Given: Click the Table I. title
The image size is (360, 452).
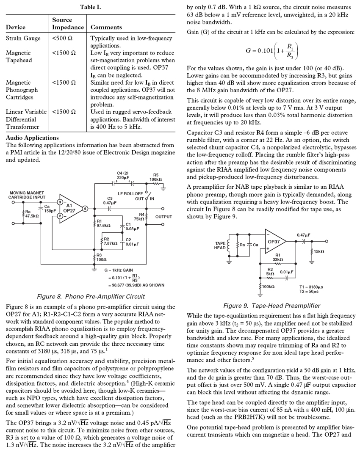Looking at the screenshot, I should coord(90,7).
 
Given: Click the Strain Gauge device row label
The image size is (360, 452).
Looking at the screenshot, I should coord(23,38).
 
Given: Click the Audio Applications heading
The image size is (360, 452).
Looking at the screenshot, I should coord(32,138).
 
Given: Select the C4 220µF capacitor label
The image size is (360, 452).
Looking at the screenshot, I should coord(123,175).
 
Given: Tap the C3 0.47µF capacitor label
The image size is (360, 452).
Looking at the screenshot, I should coord(110,201).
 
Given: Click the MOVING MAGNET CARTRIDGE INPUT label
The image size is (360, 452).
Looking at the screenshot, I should coord(28,195).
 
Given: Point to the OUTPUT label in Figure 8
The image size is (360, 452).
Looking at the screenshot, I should coord(163,217).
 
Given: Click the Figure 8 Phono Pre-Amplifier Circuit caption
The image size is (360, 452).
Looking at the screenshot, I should coord(91,296).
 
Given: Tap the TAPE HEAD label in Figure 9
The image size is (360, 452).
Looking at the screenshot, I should coord(220,245).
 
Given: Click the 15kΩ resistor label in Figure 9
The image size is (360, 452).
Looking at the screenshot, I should coord(319,252).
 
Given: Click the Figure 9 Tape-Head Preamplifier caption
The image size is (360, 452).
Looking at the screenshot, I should coord(271,306).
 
